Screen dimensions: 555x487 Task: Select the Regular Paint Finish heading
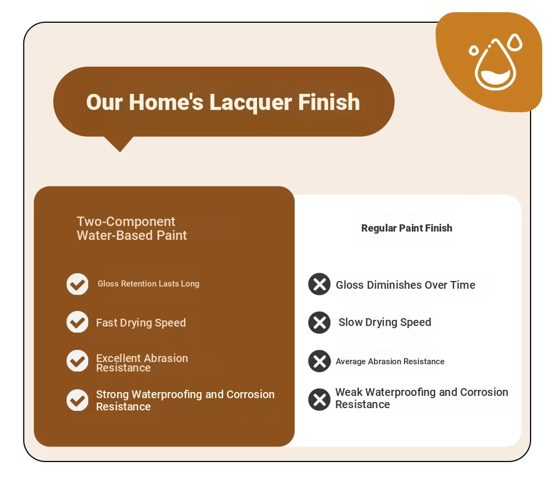(407, 228)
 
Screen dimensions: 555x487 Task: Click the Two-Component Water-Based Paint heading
(132, 228)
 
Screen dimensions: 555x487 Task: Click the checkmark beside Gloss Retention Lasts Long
(78, 284)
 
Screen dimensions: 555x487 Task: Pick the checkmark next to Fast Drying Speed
(78, 322)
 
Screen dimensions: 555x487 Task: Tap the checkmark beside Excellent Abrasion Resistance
(78, 361)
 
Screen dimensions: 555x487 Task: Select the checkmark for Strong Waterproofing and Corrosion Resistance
(78, 400)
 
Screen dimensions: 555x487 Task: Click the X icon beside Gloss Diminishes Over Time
(319, 284)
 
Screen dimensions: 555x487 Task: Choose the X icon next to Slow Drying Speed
(319, 322)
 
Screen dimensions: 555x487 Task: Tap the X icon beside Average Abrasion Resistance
(319, 362)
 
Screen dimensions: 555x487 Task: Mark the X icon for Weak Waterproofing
(319, 399)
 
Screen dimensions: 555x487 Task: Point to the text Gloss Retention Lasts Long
(149, 284)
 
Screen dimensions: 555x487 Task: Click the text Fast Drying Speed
(141, 323)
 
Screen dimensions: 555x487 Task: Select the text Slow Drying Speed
(385, 322)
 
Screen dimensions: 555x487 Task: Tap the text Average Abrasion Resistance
(390, 362)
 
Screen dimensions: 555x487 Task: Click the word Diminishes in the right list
(394, 285)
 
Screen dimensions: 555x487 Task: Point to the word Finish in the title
(329, 102)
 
